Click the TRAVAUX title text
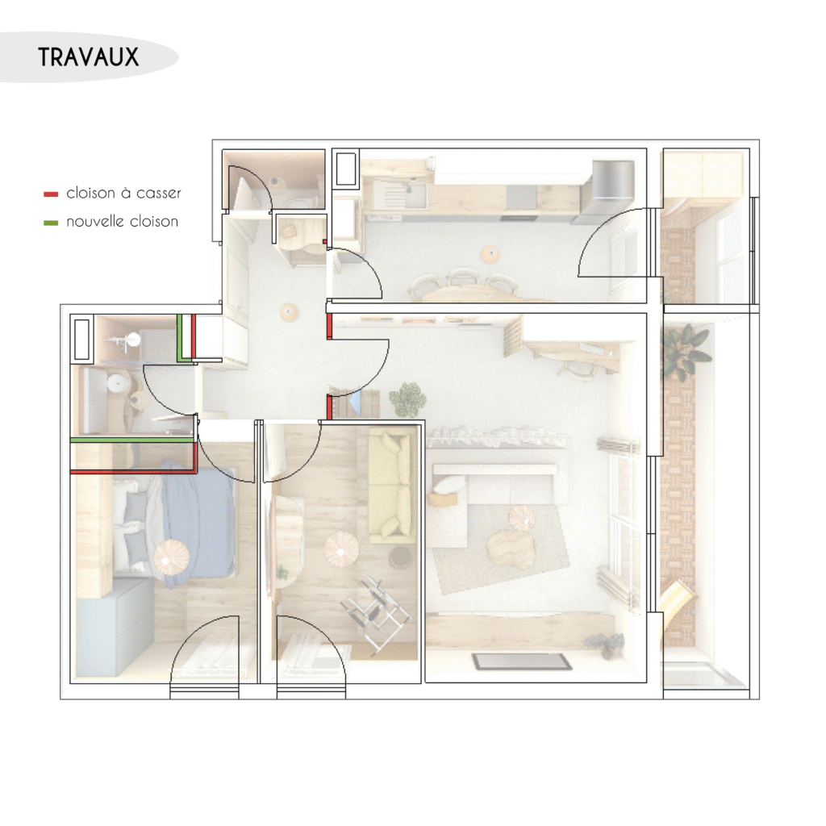pyautogui.click(x=89, y=57)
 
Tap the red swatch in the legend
pyautogui.click(x=51, y=194)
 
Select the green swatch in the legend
pyautogui.click(x=51, y=223)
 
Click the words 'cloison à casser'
pyautogui.click(x=123, y=194)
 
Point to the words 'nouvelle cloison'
pyautogui.click(x=123, y=221)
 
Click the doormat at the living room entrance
pyautogui.click(x=522, y=661)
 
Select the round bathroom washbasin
pyautogui.click(x=116, y=382)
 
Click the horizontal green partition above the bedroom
pyautogui.click(x=132, y=439)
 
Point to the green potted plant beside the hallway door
pyautogui.click(x=407, y=398)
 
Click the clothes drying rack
pyautogui.click(x=375, y=611)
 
